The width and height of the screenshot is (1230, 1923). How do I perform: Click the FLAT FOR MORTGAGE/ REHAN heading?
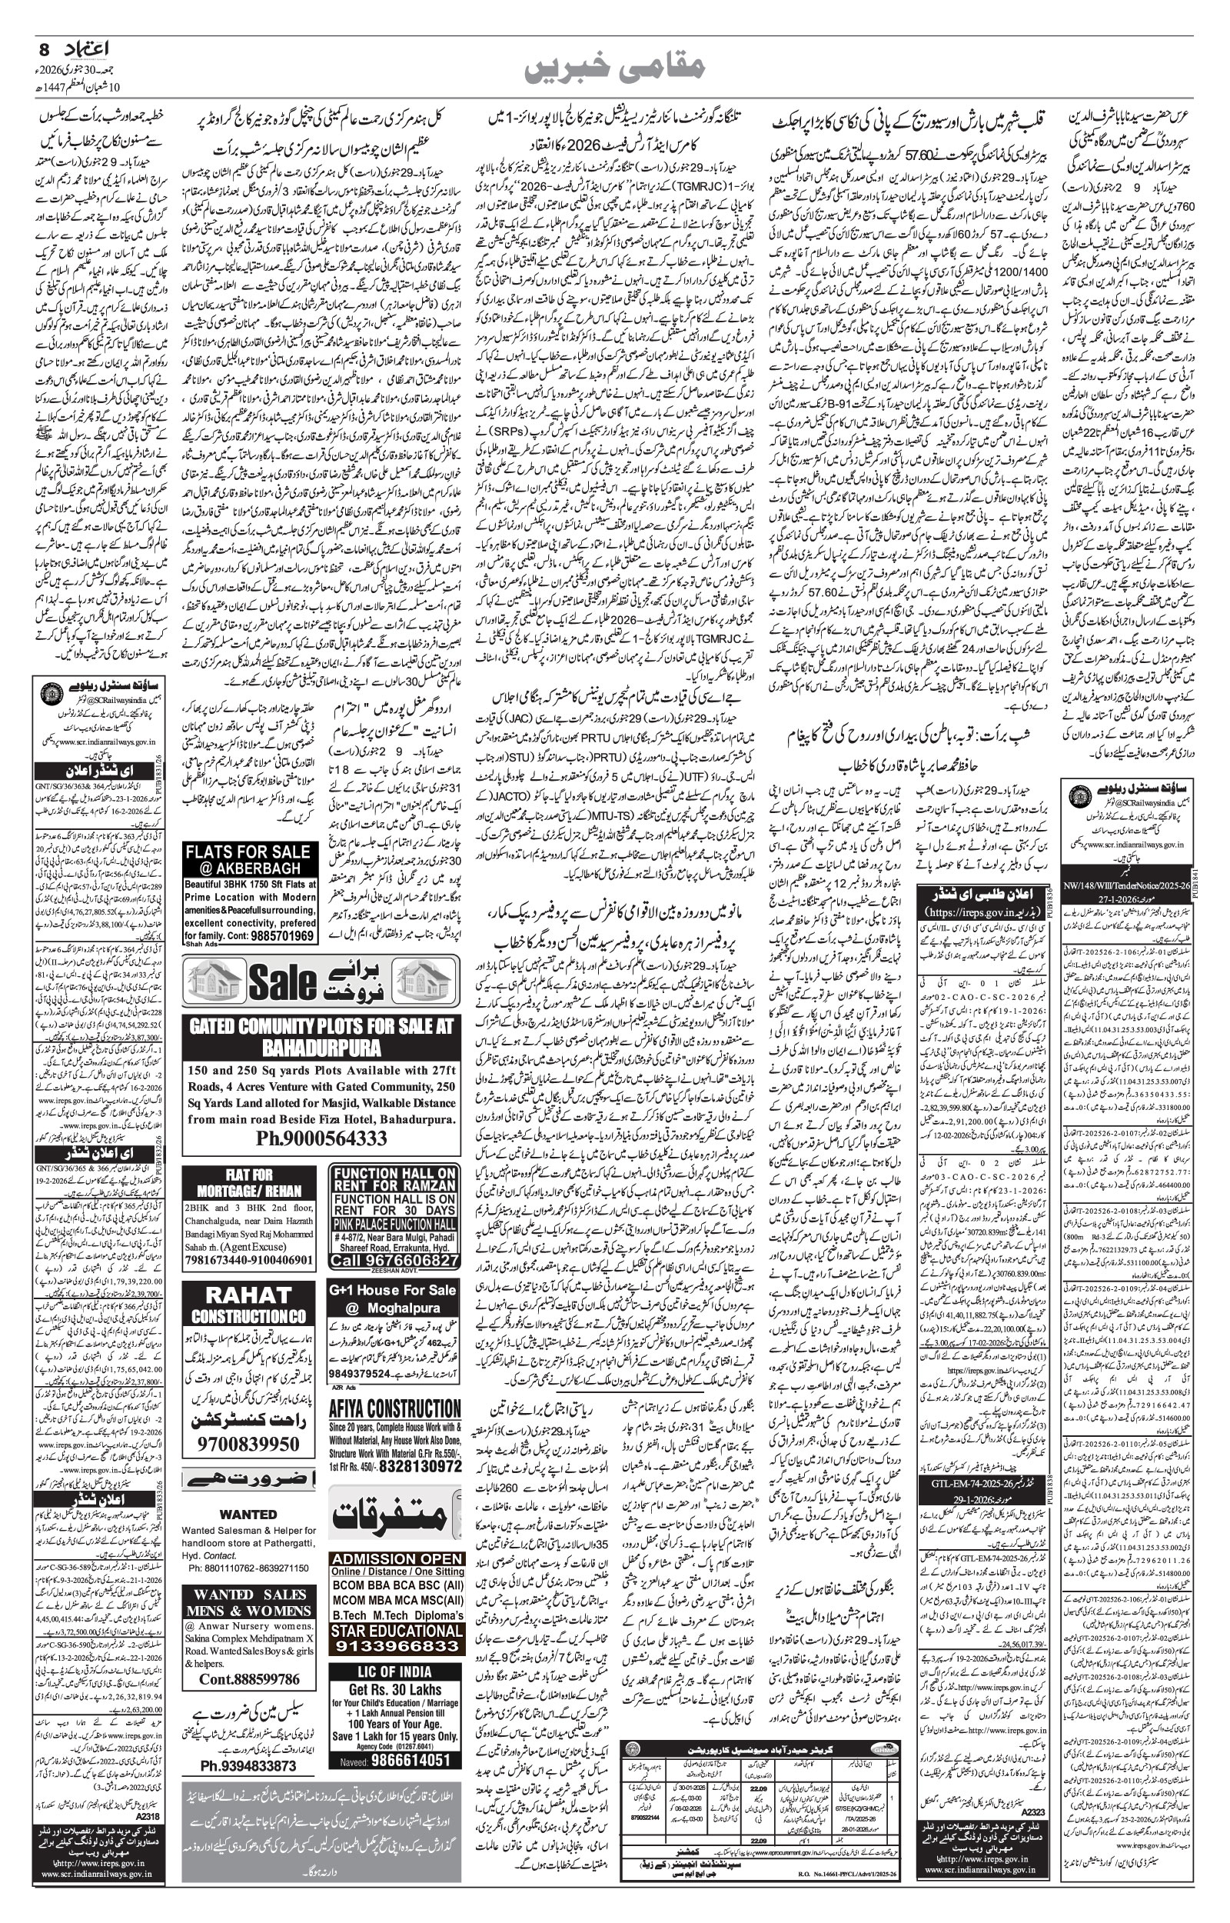[249, 1181]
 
